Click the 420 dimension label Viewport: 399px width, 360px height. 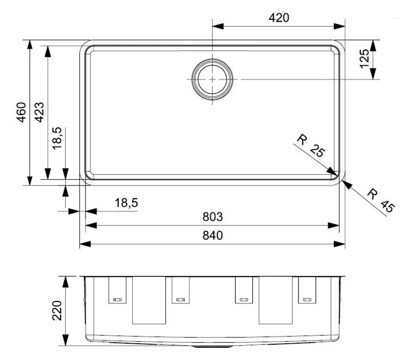coord(278,18)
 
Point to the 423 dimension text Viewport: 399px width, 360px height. coord(39,112)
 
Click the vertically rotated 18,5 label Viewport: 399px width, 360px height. coord(57,138)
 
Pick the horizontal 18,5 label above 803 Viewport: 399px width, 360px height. coord(126,203)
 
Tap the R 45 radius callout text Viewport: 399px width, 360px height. coord(380,200)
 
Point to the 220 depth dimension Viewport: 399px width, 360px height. coord(57,311)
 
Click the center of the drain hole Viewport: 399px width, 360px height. coord(212,79)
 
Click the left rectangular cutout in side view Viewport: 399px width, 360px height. coord(149,300)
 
